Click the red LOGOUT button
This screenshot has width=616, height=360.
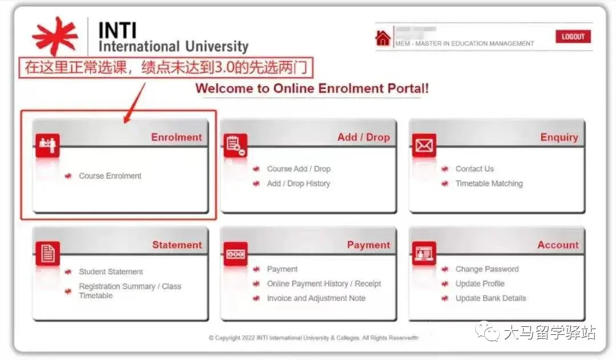(573, 37)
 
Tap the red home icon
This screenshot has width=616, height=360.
(383, 38)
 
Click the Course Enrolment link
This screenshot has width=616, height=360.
(110, 176)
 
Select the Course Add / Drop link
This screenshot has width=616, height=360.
(298, 169)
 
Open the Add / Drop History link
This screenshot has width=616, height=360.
(298, 184)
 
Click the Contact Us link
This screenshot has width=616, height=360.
(475, 169)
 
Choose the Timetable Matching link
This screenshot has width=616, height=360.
(489, 184)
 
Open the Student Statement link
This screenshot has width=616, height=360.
(111, 272)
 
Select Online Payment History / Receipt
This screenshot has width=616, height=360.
(323, 284)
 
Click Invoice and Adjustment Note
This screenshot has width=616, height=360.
(316, 298)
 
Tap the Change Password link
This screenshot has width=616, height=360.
(487, 269)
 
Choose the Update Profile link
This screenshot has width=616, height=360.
(480, 284)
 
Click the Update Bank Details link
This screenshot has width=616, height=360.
(491, 298)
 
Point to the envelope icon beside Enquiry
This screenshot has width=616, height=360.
(424, 146)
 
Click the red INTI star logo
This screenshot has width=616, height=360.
(55, 36)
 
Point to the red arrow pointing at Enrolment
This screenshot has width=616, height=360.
(135, 103)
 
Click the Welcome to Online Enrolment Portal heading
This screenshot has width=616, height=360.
(312, 88)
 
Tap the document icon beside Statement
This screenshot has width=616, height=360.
(47, 253)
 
